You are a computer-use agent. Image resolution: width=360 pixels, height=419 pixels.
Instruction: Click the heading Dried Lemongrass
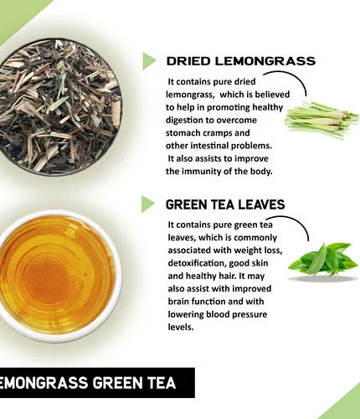[241, 61]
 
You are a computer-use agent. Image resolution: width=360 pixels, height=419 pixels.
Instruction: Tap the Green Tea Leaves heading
[225, 204]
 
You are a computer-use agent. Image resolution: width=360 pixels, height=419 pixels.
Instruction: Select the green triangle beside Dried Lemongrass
[149, 61]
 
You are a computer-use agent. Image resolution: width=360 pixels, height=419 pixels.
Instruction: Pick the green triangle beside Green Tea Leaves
[148, 204]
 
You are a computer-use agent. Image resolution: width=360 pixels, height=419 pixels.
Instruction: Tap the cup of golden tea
[57, 275]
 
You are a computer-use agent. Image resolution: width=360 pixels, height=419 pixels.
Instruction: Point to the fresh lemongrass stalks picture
[321, 120]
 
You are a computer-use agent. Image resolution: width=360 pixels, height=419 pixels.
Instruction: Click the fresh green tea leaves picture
[323, 261]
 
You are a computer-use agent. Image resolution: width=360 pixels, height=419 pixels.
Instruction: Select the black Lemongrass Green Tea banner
[97, 382]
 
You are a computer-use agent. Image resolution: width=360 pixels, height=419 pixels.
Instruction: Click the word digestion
[184, 121]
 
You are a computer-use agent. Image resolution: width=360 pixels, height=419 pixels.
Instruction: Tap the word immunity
[202, 171]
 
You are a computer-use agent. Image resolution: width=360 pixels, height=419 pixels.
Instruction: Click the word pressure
[249, 314]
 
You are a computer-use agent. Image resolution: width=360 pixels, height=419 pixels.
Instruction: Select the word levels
[181, 327]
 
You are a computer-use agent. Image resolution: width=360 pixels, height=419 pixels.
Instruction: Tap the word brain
[179, 302]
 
